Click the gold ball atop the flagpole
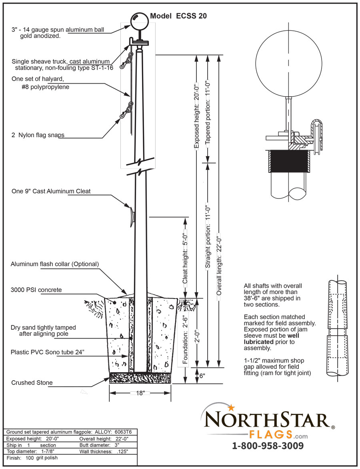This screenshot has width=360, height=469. click(139, 20)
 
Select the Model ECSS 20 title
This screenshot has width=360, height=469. click(178, 16)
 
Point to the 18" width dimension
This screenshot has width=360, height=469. click(140, 393)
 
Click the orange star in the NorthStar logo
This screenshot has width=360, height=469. click(231, 408)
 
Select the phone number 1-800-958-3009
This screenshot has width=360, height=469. click(268, 446)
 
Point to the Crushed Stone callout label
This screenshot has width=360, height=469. click(32, 383)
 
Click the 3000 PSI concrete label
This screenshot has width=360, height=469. click(36, 290)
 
